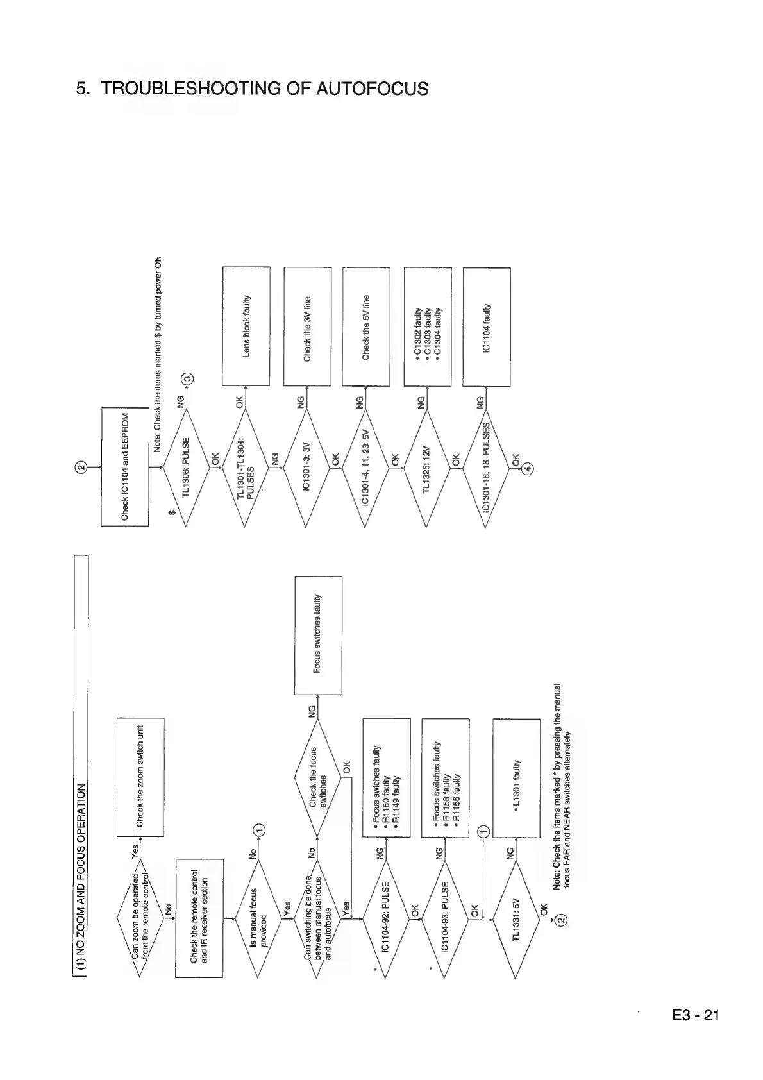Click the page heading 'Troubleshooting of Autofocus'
pos(252,89)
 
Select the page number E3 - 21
pos(696,1015)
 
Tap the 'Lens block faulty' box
pos(246,326)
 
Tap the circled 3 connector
pos(187,379)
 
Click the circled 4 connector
pos(527,468)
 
